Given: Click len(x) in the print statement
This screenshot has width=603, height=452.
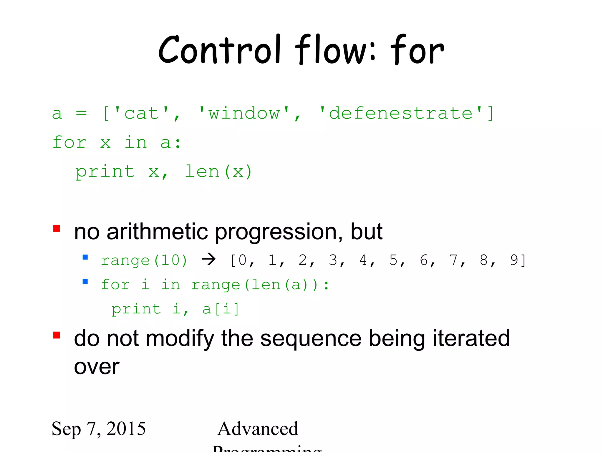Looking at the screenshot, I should [218, 172].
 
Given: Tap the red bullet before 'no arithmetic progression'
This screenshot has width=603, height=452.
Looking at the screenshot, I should [57, 229].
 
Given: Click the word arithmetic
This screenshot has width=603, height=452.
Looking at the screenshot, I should [157, 232].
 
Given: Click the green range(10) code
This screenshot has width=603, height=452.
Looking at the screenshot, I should [144, 261].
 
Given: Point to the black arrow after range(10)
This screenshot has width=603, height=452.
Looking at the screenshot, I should [209, 259].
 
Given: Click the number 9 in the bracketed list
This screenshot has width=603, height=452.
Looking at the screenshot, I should [514, 260].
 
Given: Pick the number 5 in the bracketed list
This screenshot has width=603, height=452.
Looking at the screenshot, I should [393, 260].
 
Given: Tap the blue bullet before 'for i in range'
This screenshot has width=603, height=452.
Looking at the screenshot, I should [85, 281].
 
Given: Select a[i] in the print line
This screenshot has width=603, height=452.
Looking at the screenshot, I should [221, 309].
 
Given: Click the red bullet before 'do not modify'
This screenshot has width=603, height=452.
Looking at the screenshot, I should [57, 335].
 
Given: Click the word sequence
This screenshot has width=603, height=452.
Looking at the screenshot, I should [311, 339].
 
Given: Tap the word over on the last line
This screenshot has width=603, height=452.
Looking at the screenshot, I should [97, 367].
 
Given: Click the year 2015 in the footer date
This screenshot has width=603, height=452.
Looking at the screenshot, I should [126, 429].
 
